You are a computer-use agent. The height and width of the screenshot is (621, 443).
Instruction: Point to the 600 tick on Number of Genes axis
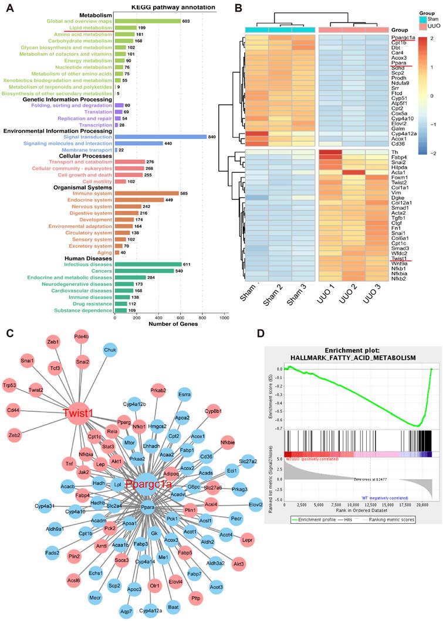pyautogui.click(x=181, y=316)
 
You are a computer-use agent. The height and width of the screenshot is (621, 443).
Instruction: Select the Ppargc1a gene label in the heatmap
pyautogui.click(x=404, y=37)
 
